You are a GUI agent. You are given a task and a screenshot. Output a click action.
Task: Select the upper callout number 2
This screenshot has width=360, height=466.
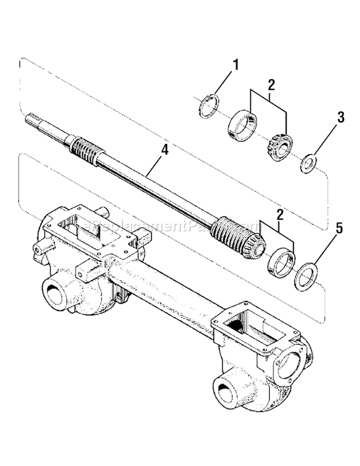pyautogui.click(x=271, y=85)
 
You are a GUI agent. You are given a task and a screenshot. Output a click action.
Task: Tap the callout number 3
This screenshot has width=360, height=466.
pyautogui.click(x=340, y=117)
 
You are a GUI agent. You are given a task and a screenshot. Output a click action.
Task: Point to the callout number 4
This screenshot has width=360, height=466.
pyautogui.click(x=165, y=150)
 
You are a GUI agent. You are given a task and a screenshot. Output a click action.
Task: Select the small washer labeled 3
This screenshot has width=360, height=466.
pyautogui.click(x=307, y=164)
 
